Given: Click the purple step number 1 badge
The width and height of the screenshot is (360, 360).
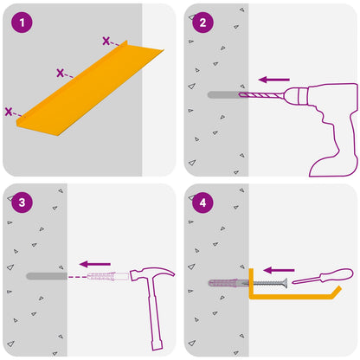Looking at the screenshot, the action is pyautogui.click(x=22, y=22).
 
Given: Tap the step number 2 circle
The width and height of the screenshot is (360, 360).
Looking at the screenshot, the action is pyautogui.click(x=202, y=22).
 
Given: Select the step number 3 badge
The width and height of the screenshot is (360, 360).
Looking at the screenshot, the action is pyautogui.click(x=22, y=202).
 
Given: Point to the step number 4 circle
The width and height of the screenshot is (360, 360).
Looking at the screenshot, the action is pyautogui.click(x=202, y=202).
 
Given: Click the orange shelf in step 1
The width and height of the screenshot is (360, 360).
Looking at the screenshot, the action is pyautogui.click(x=89, y=89).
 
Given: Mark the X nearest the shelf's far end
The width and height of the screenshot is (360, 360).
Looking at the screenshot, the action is pyautogui.click(x=106, y=41).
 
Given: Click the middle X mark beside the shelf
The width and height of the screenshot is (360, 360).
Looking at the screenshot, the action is pyautogui.click(x=60, y=73).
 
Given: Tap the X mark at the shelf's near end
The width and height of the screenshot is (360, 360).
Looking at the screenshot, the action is pyautogui.click(x=9, y=112).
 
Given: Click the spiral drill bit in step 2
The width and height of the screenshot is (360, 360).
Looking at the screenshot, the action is pyautogui.click(x=260, y=94).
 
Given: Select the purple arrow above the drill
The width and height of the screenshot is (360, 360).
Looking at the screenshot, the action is pyautogui.click(x=274, y=80).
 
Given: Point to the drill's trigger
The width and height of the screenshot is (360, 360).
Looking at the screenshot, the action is pyautogui.click(x=321, y=114).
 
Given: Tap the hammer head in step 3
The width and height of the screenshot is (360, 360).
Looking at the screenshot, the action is pyautogui.click(x=151, y=273).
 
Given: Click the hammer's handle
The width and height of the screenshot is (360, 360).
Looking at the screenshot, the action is pyautogui.click(x=154, y=314).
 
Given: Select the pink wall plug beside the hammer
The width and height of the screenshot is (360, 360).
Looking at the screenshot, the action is pyautogui.click(x=108, y=276).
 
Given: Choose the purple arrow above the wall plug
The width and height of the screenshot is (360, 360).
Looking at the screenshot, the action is pyautogui.click(x=95, y=264).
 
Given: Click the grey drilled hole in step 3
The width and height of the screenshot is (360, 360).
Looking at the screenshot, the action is pyautogui.click(x=47, y=276).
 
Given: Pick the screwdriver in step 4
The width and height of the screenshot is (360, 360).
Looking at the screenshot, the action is pyautogui.click(x=323, y=276).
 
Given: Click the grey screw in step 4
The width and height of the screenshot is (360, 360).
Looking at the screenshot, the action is pyautogui.click(x=266, y=284).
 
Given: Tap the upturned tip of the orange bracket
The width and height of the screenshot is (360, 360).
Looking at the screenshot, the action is pyautogui.click(x=337, y=290).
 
